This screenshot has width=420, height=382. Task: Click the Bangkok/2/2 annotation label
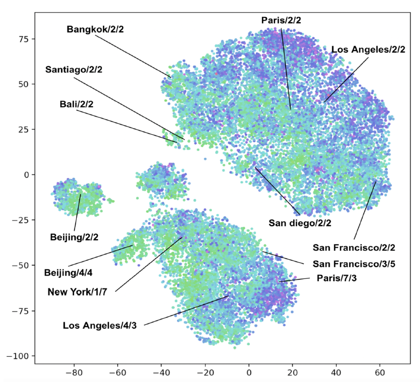point(95,29)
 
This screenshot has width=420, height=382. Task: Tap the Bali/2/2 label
point(77,104)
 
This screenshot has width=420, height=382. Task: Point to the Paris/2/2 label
point(281,20)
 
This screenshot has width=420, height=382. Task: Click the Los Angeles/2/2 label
point(368,49)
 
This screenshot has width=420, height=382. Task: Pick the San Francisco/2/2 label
point(353,247)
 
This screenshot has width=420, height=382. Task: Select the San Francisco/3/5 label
point(353,263)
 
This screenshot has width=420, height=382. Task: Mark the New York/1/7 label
point(81,291)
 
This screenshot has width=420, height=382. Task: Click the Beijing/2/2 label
point(74,236)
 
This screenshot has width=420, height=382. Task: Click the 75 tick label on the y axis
point(23,39)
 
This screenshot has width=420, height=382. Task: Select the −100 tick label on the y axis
point(18,356)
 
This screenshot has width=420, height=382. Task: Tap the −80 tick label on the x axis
point(74,372)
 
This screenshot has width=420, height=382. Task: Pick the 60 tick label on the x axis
point(380,372)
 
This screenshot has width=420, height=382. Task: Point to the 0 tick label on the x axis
point(249,372)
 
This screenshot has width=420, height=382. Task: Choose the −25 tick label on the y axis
point(20,220)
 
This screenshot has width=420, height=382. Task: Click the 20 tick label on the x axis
point(293,372)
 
